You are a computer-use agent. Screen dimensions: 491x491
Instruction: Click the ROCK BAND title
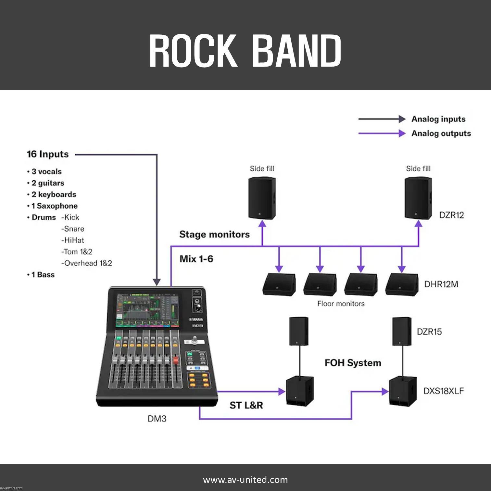point(245,51)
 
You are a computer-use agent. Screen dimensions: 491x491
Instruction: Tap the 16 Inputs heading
point(48,154)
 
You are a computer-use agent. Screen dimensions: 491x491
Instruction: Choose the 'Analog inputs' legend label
point(438,119)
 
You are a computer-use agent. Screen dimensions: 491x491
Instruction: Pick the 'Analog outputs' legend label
point(441,133)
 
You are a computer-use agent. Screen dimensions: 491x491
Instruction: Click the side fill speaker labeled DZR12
point(418,198)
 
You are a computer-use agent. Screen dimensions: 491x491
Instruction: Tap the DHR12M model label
point(441,284)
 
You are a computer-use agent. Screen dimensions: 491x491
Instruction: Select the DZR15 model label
point(429,332)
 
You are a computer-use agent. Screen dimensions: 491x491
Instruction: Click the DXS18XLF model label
point(443,391)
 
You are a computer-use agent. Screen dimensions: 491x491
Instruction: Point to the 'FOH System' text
point(353,363)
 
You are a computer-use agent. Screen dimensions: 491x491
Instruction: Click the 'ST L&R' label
point(246,405)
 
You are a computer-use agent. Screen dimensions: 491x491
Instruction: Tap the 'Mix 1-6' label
point(196,259)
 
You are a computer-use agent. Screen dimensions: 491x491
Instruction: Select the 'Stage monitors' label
point(214,234)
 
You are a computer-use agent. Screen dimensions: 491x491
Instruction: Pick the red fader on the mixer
point(176,360)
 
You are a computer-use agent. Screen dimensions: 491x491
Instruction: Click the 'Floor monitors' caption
point(341,304)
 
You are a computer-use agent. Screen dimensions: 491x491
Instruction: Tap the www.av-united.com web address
point(245,480)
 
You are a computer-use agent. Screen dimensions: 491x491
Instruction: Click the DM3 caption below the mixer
point(157,419)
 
